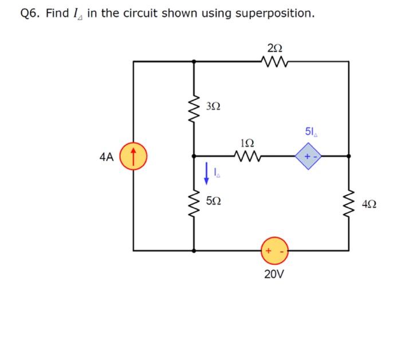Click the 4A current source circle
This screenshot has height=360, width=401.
[133, 155]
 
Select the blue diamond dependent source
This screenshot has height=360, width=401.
[309, 155]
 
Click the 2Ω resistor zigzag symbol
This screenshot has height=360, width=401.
[270, 60]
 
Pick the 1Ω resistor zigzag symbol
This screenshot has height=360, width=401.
[247, 155]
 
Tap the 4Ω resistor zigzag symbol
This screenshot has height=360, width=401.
[348, 203]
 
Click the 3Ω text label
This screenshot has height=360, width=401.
[213, 107]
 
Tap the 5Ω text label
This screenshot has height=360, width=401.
[213, 202]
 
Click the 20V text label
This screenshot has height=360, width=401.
[274, 273]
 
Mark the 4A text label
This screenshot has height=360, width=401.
[107, 155]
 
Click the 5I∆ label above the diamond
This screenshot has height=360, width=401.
[309, 132]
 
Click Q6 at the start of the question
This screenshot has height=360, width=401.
[30, 13]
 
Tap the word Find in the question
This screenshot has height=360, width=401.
[57, 13]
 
